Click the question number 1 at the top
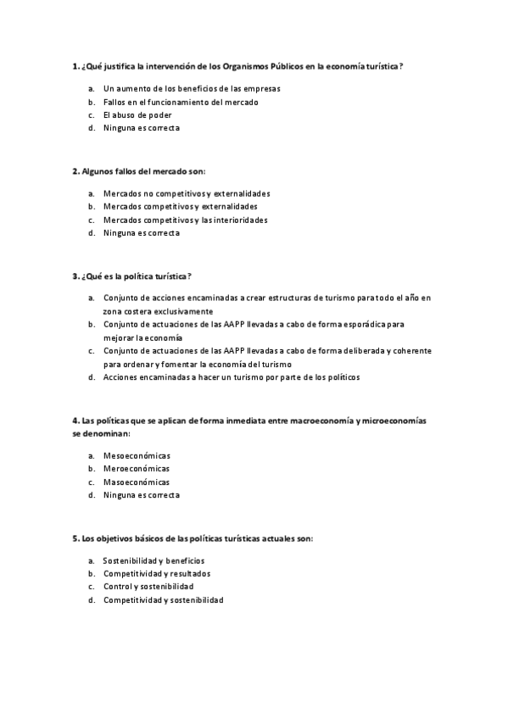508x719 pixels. (75, 66)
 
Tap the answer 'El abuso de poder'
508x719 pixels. (137, 115)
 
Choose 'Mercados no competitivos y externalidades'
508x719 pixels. (186, 193)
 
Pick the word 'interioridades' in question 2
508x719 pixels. (239, 220)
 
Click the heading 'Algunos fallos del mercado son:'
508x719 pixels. (133, 170)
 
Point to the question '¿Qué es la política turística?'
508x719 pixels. (131, 276)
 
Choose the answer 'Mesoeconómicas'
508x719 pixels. (137, 455)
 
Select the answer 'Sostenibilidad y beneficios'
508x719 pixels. (154, 560)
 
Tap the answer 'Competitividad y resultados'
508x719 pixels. (156, 573)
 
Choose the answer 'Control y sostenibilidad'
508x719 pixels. (148, 587)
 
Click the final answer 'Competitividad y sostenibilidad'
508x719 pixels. (163, 599)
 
